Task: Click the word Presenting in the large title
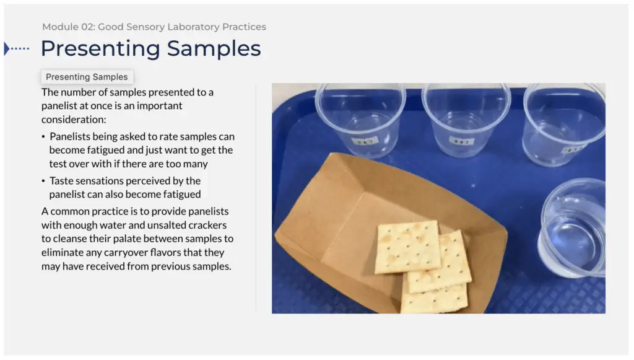100,48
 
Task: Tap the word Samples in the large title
214,48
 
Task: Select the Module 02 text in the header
67,27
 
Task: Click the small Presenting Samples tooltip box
87,77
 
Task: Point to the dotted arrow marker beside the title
17,48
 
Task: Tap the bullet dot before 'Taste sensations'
43,181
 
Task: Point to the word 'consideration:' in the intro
74,119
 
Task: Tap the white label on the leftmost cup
359,141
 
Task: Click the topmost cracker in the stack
407,247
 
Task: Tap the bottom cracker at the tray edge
433,301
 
